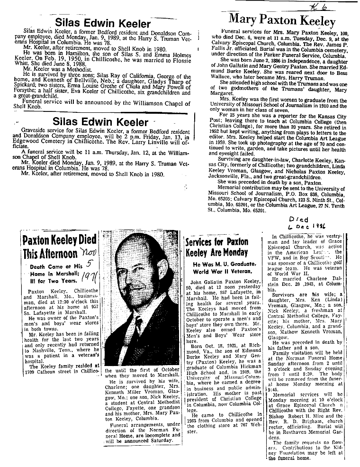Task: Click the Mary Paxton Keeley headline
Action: pos(282,20)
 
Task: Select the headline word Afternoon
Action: pos(49,254)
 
